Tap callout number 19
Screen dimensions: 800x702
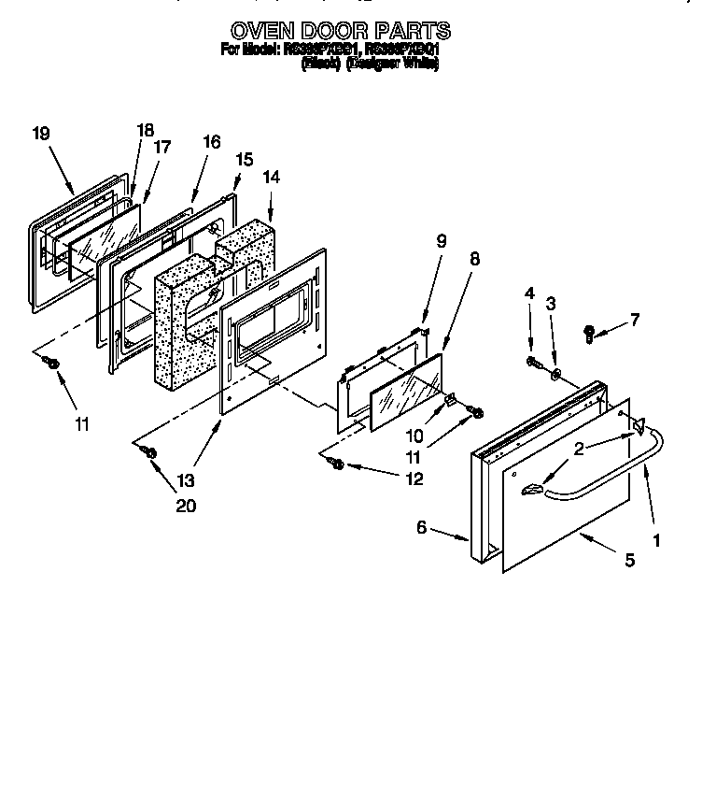click(41, 134)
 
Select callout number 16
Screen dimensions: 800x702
click(212, 142)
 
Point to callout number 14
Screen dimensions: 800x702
click(271, 176)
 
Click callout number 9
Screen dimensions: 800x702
click(442, 240)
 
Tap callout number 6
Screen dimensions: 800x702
click(421, 528)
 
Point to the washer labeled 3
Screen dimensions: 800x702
click(556, 376)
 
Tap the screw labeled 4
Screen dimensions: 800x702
click(533, 362)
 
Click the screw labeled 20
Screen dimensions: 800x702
click(147, 451)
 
